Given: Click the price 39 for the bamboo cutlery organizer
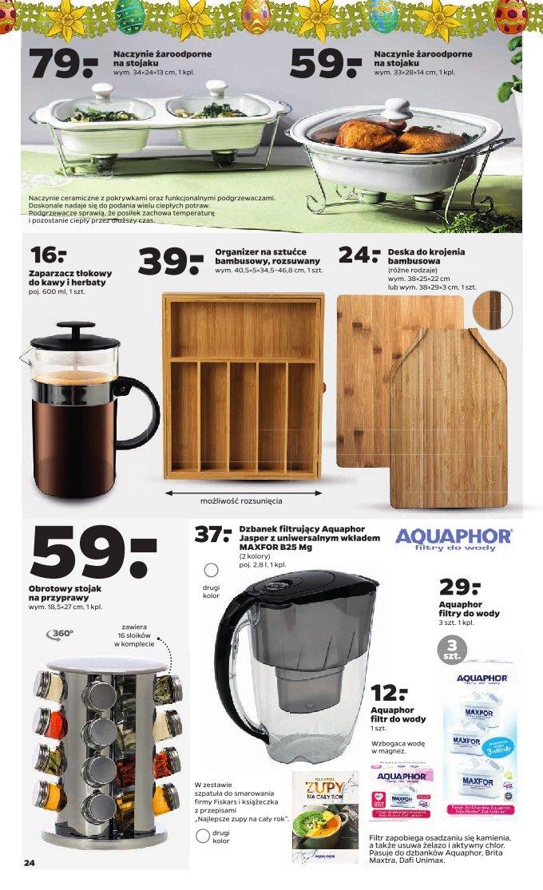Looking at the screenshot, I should [171, 260].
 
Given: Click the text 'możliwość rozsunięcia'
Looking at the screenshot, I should [242, 504].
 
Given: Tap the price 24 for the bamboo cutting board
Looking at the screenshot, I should [359, 255].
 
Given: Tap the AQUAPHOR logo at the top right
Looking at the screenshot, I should [466, 537].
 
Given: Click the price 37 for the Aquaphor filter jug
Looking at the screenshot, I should [213, 534].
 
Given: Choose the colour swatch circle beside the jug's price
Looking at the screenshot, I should [212, 570].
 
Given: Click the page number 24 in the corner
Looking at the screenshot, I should [30, 863].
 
